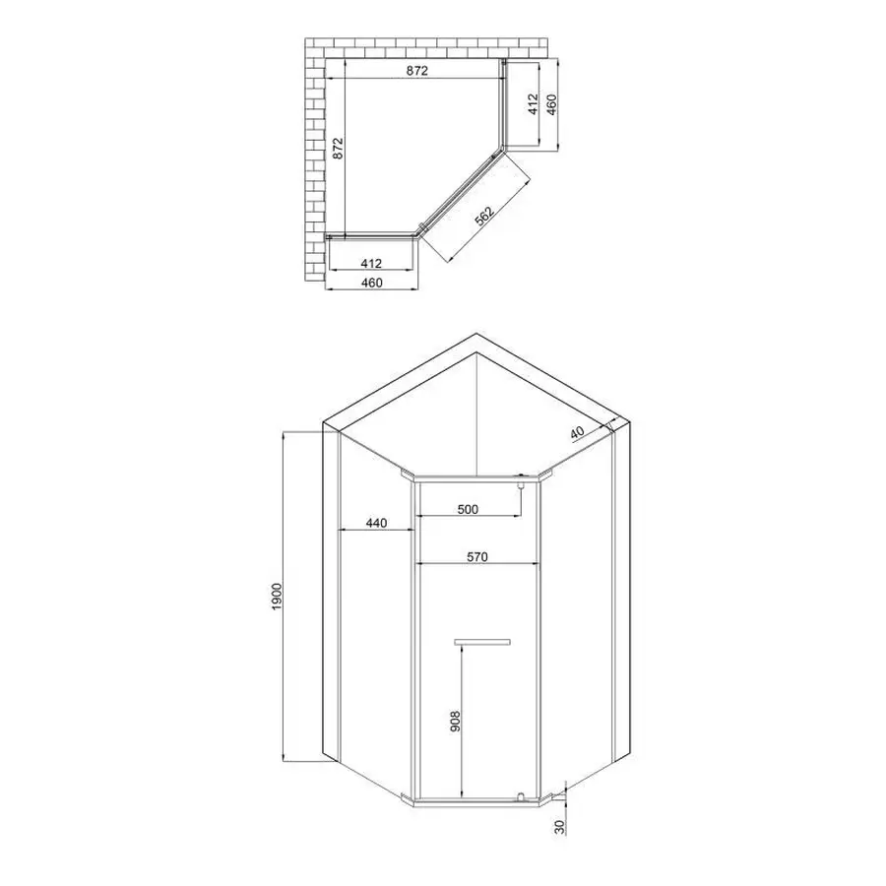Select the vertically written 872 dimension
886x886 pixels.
(338, 148)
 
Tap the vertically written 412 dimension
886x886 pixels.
(532, 103)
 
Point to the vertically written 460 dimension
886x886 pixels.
(552, 103)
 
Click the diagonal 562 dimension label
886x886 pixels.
(482, 218)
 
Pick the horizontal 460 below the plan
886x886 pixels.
(371, 283)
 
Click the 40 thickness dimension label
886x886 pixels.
(576, 432)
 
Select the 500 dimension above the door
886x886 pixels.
(468, 509)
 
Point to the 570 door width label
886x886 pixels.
(477, 557)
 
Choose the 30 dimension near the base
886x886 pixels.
(560, 827)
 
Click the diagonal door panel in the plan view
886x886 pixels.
(459, 192)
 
